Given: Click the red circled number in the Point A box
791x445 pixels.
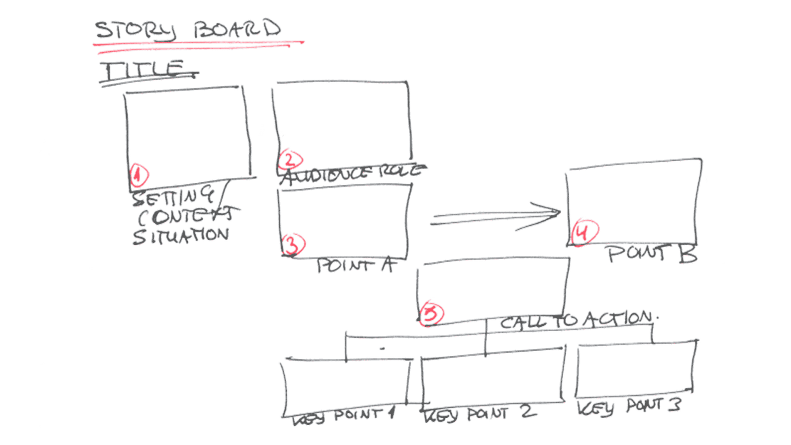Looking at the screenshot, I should click(x=293, y=244).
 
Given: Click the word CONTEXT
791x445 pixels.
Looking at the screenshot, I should click(x=185, y=217).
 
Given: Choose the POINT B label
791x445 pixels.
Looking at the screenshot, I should click(x=652, y=254).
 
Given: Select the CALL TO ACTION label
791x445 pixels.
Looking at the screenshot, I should click(x=576, y=320).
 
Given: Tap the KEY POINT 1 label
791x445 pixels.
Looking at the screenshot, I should click(x=344, y=416).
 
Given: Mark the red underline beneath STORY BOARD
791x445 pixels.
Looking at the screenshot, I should click(x=198, y=44).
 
